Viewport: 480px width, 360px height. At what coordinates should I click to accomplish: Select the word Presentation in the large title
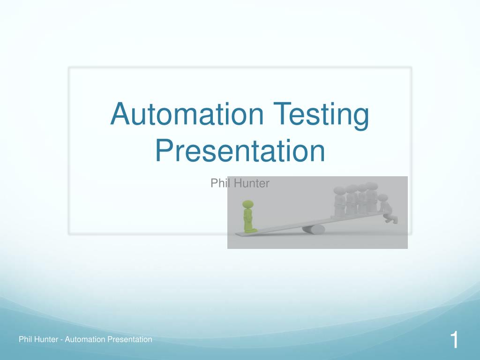coord(240,151)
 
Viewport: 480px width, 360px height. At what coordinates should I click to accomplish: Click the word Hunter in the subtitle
coord(251,183)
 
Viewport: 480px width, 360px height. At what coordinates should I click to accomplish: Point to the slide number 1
coord(454,340)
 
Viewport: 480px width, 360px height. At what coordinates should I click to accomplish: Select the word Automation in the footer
coord(85,339)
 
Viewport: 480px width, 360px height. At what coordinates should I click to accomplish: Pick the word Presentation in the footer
coord(130,339)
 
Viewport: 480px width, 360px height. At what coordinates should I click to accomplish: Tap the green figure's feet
coord(249,230)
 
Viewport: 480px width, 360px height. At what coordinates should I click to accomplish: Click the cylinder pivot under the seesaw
coord(313,229)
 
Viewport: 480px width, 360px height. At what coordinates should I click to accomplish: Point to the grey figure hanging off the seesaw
coord(387,210)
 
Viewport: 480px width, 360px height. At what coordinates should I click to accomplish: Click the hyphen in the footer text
coord(62,340)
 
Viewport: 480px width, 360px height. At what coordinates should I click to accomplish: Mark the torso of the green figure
coord(248,217)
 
